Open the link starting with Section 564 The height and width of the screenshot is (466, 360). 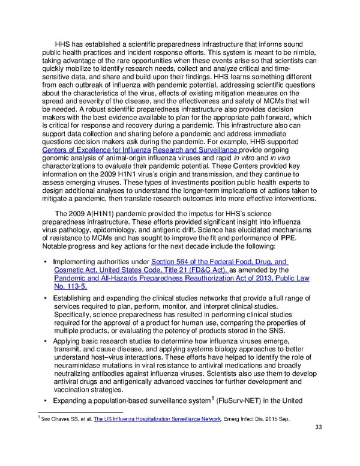220,261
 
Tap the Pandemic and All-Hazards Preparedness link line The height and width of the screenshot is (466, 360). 191,279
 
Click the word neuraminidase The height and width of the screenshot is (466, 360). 82,366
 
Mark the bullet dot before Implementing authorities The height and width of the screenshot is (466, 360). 46,261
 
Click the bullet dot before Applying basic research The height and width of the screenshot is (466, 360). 46,341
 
